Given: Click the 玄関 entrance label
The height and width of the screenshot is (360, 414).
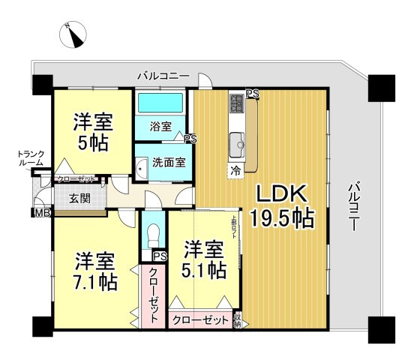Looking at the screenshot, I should pos(80,199).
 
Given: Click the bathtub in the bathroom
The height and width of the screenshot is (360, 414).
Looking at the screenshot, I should pos(160,101).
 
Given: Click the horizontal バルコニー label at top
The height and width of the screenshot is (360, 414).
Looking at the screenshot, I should pos(163,76).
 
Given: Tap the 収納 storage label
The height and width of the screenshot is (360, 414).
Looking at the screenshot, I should pos(238,320).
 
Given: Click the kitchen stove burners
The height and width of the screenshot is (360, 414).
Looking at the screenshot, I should pos(238,101).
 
